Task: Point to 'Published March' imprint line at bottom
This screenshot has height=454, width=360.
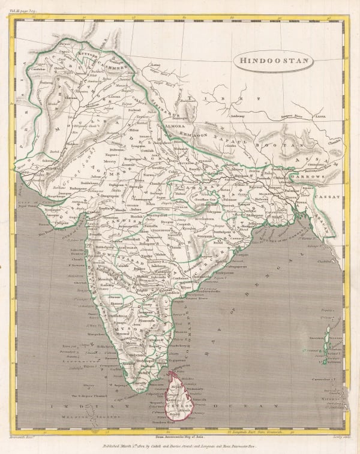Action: click(x=179, y=445)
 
